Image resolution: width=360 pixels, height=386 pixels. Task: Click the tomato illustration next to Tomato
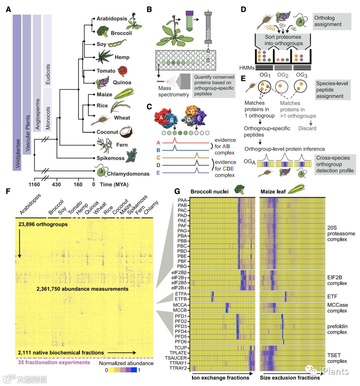(x=123, y=71)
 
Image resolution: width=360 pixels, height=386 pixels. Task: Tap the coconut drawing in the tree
(x=126, y=132)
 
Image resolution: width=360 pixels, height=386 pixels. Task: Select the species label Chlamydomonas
(x=128, y=174)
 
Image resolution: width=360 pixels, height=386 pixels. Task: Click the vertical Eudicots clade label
(x=48, y=74)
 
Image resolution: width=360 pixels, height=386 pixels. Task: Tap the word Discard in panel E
(x=307, y=128)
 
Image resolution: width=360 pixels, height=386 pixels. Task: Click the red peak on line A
(x=174, y=140)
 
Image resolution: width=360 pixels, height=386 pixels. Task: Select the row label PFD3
(x=180, y=326)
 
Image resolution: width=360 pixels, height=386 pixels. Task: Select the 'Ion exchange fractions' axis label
(x=220, y=378)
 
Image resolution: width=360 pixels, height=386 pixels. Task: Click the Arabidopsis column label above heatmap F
(x=30, y=204)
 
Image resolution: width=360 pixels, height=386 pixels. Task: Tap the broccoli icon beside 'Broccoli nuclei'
(x=239, y=190)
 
